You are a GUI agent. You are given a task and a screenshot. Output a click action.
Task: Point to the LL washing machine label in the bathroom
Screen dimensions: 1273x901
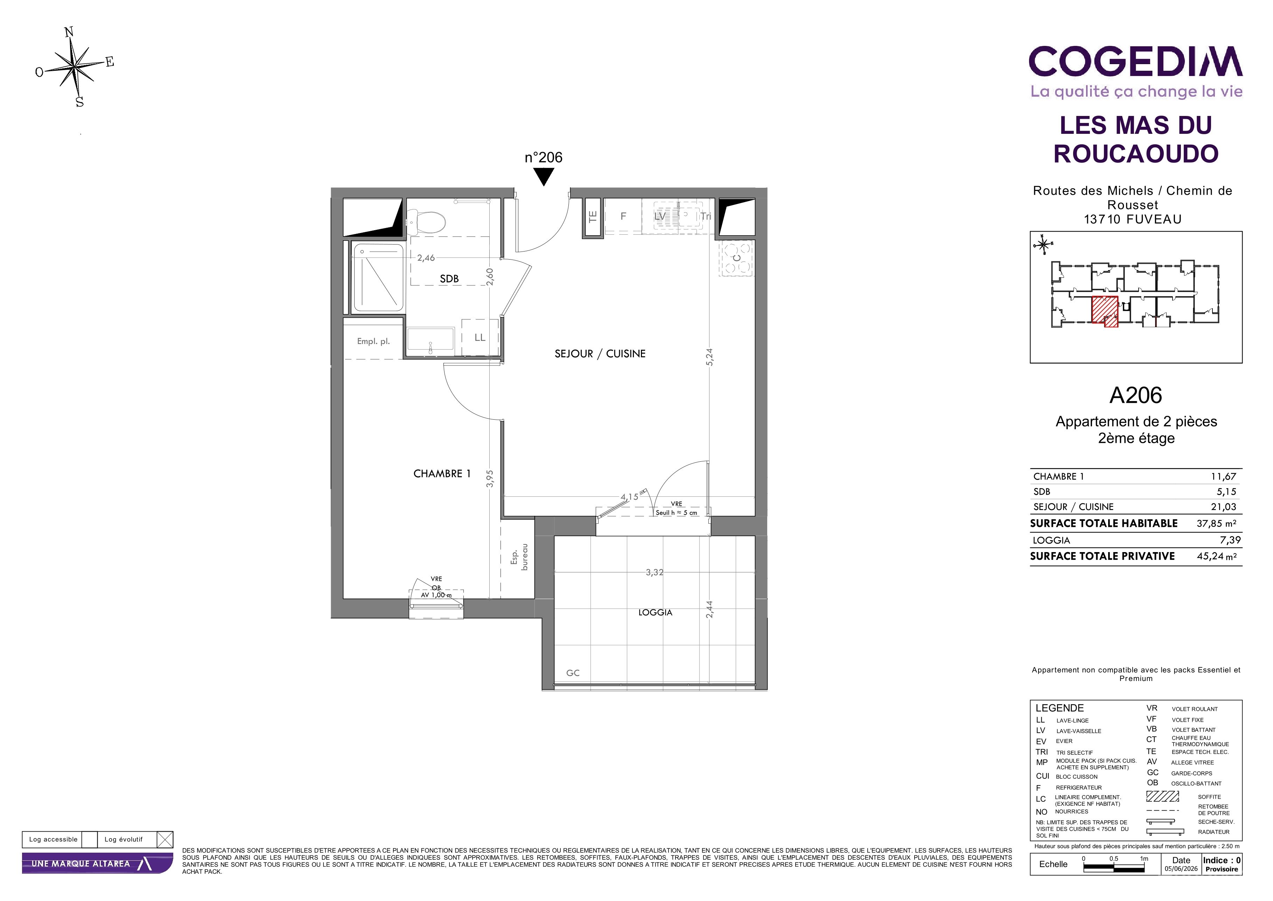tap(480, 337)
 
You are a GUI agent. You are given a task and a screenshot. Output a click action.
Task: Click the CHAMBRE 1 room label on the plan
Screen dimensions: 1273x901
tap(442, 474)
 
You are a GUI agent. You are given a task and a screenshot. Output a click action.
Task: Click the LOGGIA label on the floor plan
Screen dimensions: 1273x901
tap(655, 612)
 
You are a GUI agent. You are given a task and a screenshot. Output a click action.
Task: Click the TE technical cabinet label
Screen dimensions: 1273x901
tap(593, 216)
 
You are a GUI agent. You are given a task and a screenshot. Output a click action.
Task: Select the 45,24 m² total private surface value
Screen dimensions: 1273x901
tap(1216, 556)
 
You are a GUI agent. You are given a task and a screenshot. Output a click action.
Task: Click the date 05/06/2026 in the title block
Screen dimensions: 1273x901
tap(1181, 869)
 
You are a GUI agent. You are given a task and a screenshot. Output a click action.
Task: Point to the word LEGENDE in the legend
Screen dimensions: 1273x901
tap(1059, 708)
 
